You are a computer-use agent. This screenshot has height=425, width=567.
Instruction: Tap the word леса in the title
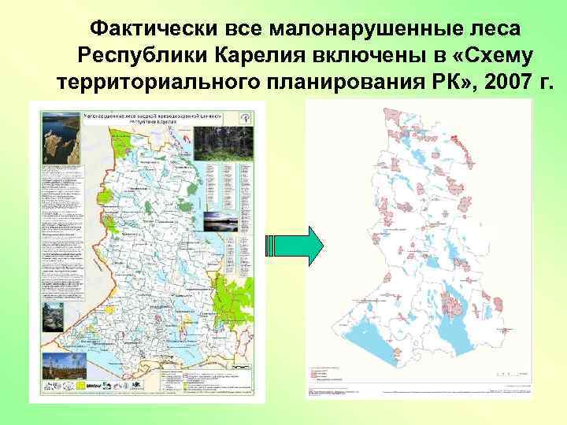point(501,29)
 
